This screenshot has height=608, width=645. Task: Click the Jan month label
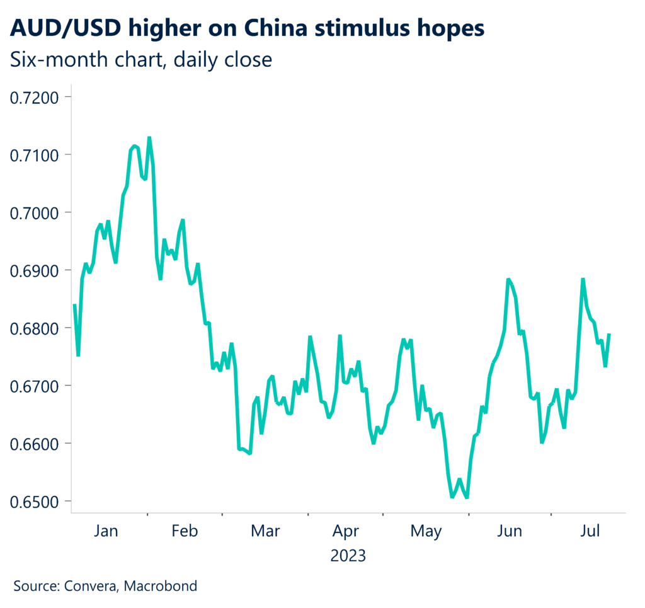coord(106,532)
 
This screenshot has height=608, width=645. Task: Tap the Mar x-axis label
coord(265,532)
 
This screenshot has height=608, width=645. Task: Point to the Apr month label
coord(346,532)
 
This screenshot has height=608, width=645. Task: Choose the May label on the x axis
coord(426,532)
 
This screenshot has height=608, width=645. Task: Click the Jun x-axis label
coord(509,532)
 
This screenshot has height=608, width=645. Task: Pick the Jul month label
coord(590,532)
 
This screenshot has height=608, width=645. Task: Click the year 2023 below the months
coord(348,556)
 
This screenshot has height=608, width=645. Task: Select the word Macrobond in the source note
coord(161,586)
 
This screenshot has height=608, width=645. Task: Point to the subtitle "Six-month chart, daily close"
coord(141,60)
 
